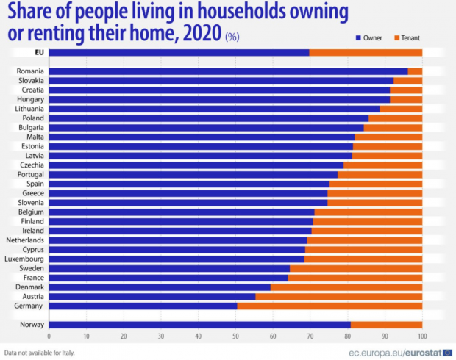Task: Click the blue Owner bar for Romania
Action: pos(228,71)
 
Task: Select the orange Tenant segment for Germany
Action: pos(329,305)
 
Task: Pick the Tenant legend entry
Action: pos(406,36)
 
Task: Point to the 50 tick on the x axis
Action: pos(235,336)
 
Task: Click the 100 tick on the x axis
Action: pos(421,336)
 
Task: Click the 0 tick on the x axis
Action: pos(49,336)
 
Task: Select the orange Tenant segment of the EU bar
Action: pos(366,52)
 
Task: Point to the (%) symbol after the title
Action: pos(232,35)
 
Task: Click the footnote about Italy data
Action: pos(40,352)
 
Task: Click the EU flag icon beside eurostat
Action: pos(446,351)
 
